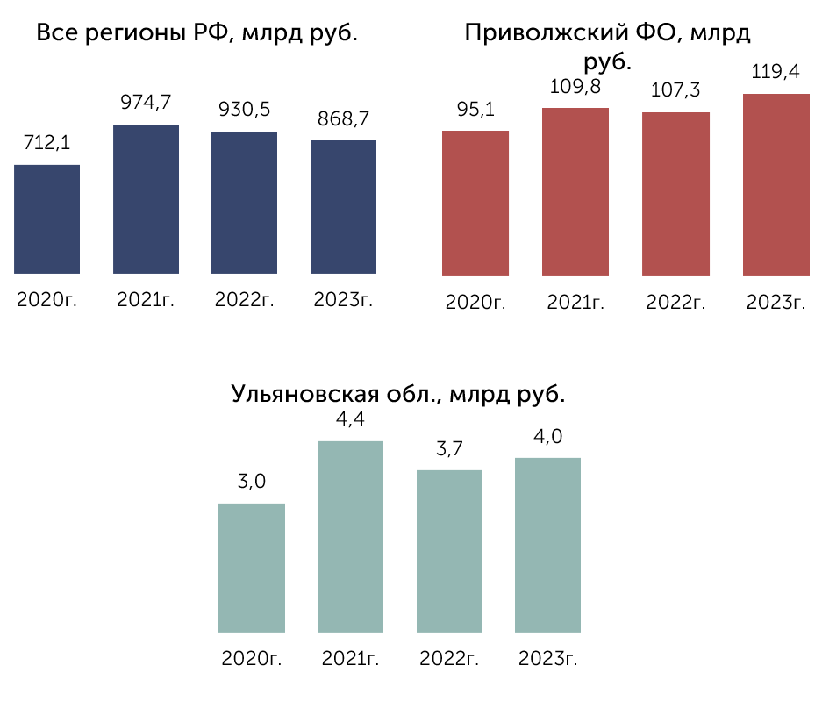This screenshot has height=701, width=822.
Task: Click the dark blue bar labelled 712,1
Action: pos(46,219)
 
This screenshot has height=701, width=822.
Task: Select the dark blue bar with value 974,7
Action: pos(146,198)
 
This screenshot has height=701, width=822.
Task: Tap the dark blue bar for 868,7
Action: pos(343,206)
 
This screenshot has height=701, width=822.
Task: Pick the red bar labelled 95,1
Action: pos(475,204)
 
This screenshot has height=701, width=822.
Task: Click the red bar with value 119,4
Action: pos(776,185)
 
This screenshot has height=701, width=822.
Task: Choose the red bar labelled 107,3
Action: pos(675,194)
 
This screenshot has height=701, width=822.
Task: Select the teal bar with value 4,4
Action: pos(350,536)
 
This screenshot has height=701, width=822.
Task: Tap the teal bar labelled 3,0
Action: pos(252,568)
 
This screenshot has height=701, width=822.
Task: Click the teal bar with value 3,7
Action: pos(449,551)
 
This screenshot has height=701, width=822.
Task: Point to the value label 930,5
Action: pos(244,110)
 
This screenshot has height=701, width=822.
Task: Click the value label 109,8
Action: pos(575,87)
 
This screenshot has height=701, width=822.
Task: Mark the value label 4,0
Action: pos(547,437)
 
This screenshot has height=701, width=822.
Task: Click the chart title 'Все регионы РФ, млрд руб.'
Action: pos(197,33)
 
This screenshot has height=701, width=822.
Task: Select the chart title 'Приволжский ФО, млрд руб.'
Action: pos(608,47)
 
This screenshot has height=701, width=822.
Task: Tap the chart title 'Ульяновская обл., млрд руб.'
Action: pos(398,394)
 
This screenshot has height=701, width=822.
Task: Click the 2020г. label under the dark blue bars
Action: pos(46,300)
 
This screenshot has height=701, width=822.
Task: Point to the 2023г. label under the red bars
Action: pos(776,303)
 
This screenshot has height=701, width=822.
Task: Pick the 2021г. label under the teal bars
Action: pos(350,659)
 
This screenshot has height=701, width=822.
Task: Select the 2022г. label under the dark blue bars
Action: pos(244,300)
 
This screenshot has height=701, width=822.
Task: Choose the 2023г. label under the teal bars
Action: pos(547,659)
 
